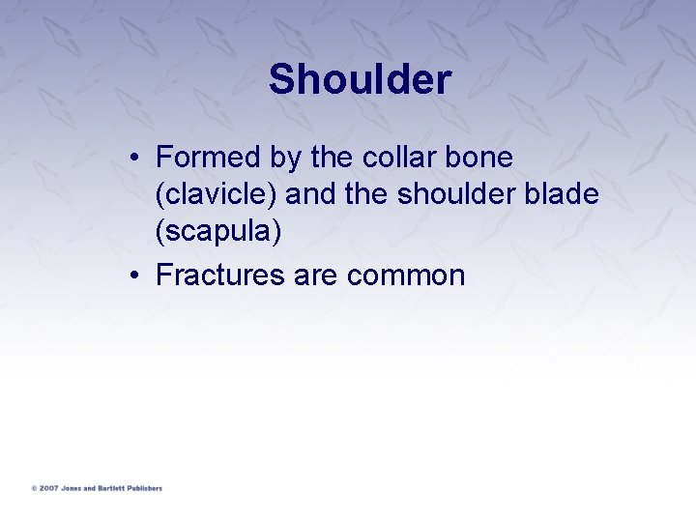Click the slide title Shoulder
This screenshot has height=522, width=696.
click(360, 79)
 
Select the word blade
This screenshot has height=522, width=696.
click(565, 195)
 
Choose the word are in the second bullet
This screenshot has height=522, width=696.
click(315, 275)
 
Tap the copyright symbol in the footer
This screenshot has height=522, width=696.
click(34, 488)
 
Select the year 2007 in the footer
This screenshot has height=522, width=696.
click(47, 488)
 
